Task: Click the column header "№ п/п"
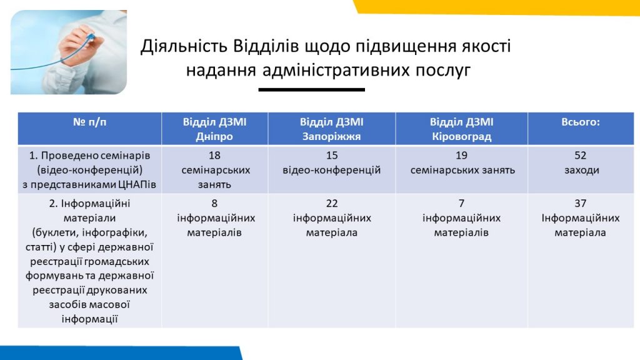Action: pyautogui.click(x=90, y=122)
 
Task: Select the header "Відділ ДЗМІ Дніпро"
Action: pyautogui.click(x=214, y=129)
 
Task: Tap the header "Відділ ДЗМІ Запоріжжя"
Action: pyautogui.click(x=331, y=129)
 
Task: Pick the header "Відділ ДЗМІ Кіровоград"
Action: pyautogui.click(x=462, y=129)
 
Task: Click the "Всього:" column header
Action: pyautogui.click(x=581, y=122)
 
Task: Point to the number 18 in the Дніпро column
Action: pyautogui.click(x=214, y=156)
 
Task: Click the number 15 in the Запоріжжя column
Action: pyautogui.click(x=332, y=156)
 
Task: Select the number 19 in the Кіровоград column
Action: pyautogui.click(x=462, y=156)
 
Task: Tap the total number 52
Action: pyautogui.click(x=581, y=156)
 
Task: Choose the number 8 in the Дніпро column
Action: pyautogui.click(x=214, y=203)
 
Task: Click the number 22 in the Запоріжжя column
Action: pyautogui.click(x=332, y=203)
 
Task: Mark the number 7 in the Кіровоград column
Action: pyautogui.click(x=462, y=203)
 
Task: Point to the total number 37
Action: pyautogui.click(x=581, y=203)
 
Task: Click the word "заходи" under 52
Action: pyautogui.click(x=582, y=170)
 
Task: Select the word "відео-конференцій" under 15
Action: pyautogui.click(x=332, y=170)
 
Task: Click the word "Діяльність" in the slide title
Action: pyautogui.click(x=184, y=46)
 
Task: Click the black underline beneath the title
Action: pyautogui.click(x=311, y=89)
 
